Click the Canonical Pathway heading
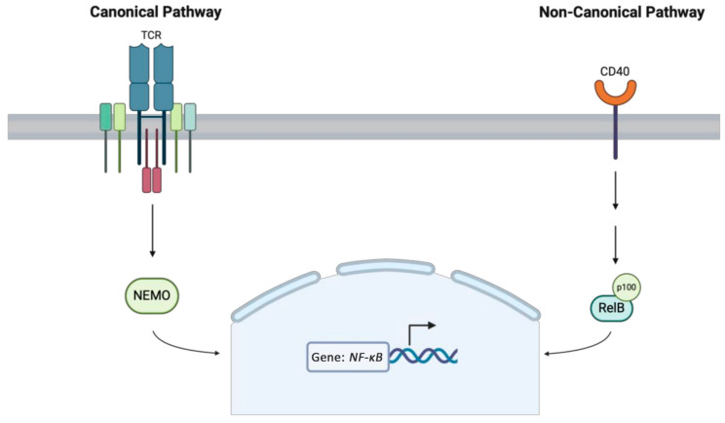pyautogui.click(x=152, y=13)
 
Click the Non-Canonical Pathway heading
pyautogui.click(x=622, y=13)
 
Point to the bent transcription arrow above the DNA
pyautogui.click(x=414, y=334)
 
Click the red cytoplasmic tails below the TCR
pyautogui.click(x=151, y=179)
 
